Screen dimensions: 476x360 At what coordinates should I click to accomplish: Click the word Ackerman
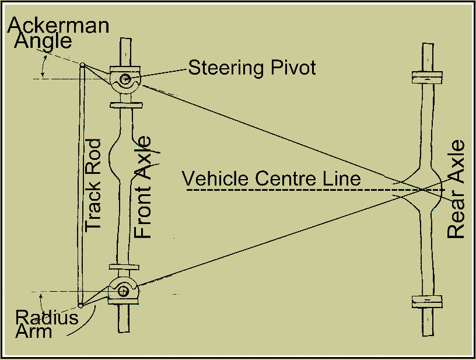pyautogui.click(x=58, y=25)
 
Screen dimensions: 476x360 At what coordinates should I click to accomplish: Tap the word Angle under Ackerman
pyautogui.click(x=43, y=41)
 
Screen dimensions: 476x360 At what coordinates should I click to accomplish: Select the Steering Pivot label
pyautogui.click(x=252, y=68)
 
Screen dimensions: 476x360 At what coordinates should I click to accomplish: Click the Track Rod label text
pyautogui.click(x=93, y=186)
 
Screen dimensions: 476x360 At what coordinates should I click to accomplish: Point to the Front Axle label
pyautogui.click(x=142, y=187)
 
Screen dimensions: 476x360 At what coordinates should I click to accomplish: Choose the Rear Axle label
pyautogui.click(x=456, y=189)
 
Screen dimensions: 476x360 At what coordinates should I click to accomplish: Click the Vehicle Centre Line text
pyautogui.click(x=271, y=179)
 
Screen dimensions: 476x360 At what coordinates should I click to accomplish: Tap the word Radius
pyautogui.click(x=47, y=317)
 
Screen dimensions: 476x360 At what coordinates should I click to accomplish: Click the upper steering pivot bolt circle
pyautogui.click(x=125, y=79)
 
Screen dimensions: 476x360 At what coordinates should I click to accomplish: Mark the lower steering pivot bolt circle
pyautogui.click(x=123, y=292)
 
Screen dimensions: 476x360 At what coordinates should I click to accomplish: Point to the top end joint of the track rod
pyautogui.click(x=82, y=65)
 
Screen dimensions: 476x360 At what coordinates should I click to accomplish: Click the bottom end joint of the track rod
pyautogui.click(x=80, y=305)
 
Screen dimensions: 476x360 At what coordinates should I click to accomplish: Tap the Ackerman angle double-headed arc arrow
pyautogui.click(x=43, y=66)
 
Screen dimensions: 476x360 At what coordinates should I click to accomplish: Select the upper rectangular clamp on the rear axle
pyautogui.click(x=427, y=77)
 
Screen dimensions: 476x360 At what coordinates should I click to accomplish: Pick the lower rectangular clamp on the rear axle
pyautogui.click(x=427, y=302)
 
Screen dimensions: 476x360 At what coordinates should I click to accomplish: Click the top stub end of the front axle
pyautogui.click(x=125, y=52)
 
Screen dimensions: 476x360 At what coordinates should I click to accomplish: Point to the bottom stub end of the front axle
pyautogui.click(x=124, y=319)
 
